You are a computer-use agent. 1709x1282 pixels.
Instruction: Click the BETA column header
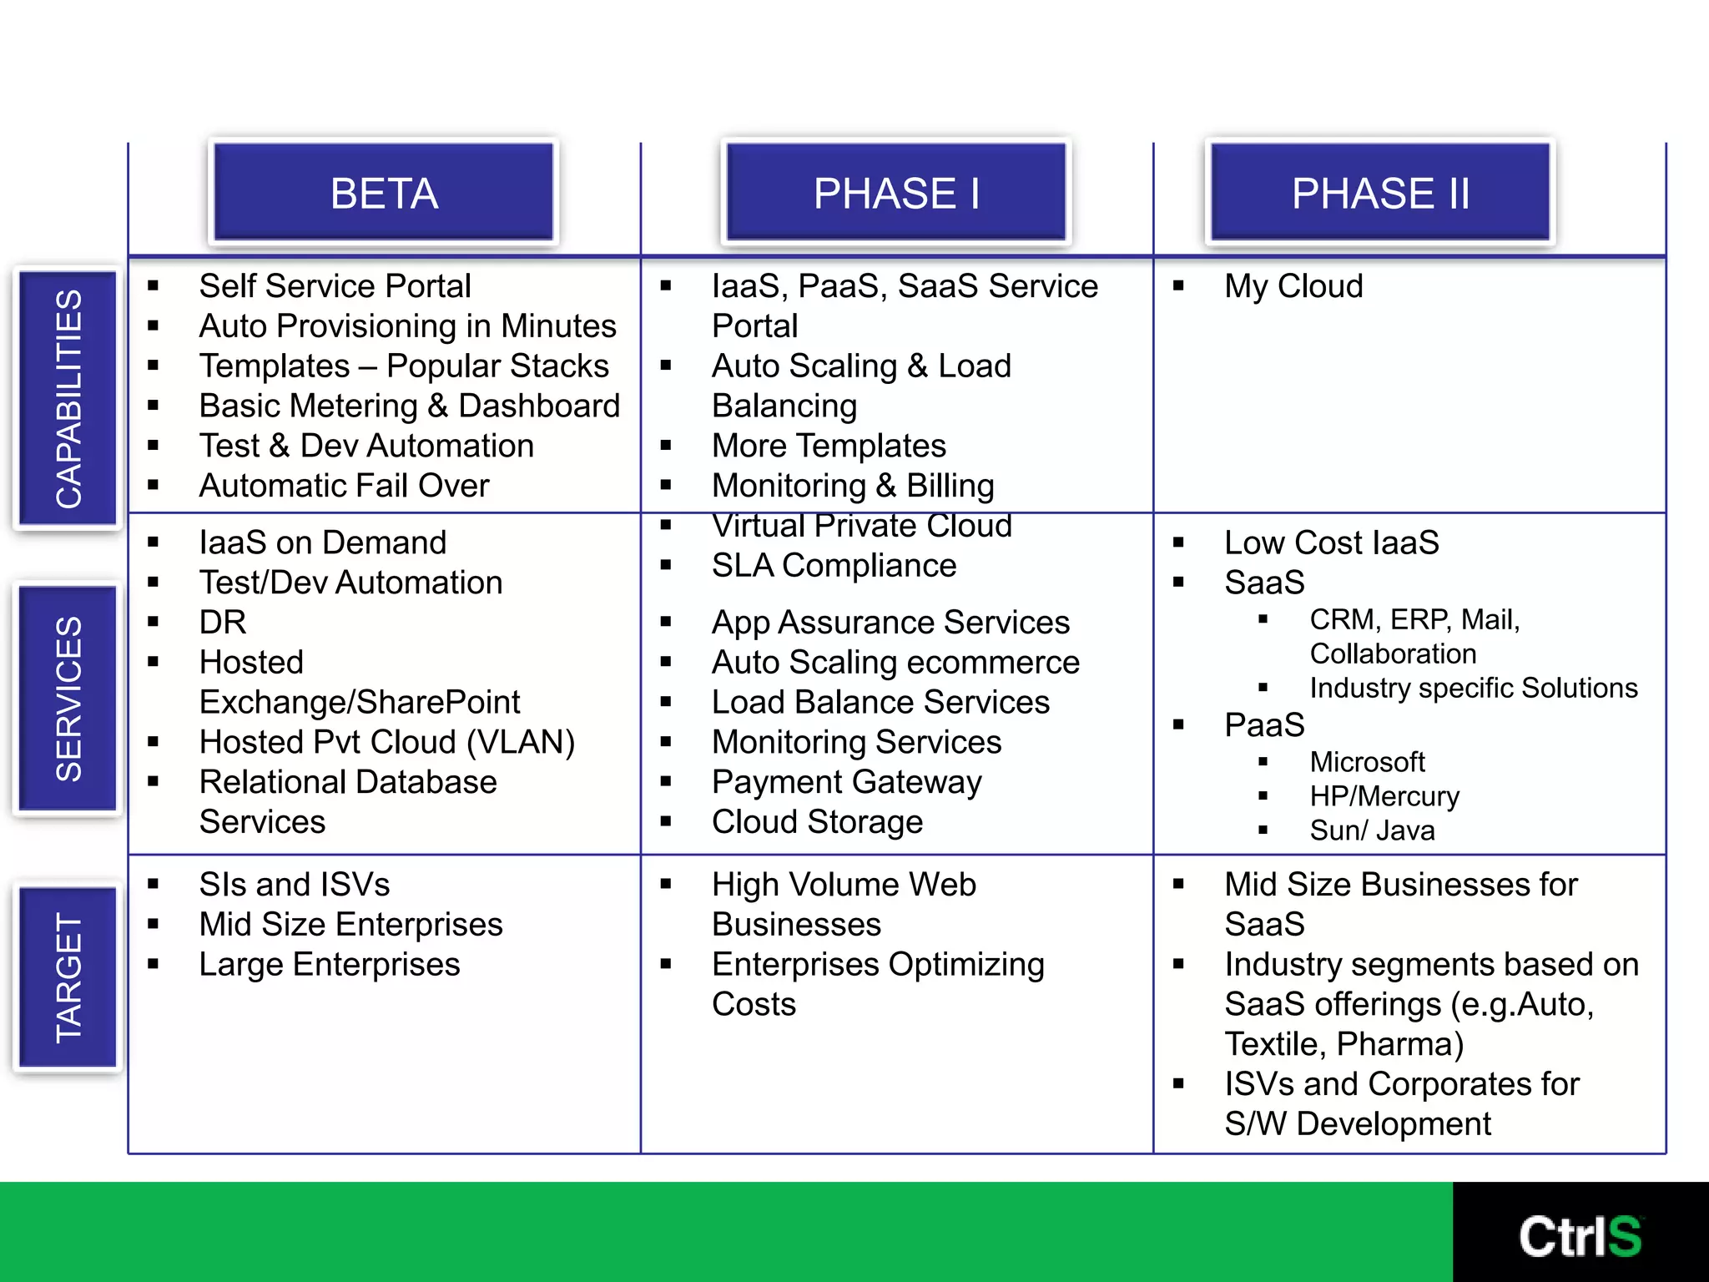[384, 193]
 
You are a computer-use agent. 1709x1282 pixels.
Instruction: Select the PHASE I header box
[896, 193]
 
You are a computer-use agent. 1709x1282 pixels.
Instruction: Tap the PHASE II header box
[1380, 193]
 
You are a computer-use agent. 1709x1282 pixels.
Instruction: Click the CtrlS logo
[1580, 1235]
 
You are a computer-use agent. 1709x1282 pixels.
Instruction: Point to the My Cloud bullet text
[1293, 286]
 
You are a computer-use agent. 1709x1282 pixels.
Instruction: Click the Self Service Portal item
[335, 286]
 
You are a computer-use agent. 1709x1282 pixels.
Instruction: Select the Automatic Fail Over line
[344, 486]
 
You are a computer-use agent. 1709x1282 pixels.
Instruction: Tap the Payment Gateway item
[846, 782]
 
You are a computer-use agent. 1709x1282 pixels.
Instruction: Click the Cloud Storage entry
[817, 822]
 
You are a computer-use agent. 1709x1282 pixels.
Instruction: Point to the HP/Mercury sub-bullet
[1384, 796]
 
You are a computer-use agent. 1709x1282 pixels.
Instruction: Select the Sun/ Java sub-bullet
[1372, 830]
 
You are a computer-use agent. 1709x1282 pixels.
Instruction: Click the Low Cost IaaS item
[1332, 543]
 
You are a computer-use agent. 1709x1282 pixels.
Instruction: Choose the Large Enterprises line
[330, 965]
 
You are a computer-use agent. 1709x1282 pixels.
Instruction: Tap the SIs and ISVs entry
[295, 885]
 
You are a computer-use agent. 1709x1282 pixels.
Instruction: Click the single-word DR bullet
[223, 623]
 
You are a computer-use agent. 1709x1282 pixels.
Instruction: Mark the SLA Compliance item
[834, 566]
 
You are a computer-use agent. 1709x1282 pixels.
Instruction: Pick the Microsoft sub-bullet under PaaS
[1367, 762]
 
